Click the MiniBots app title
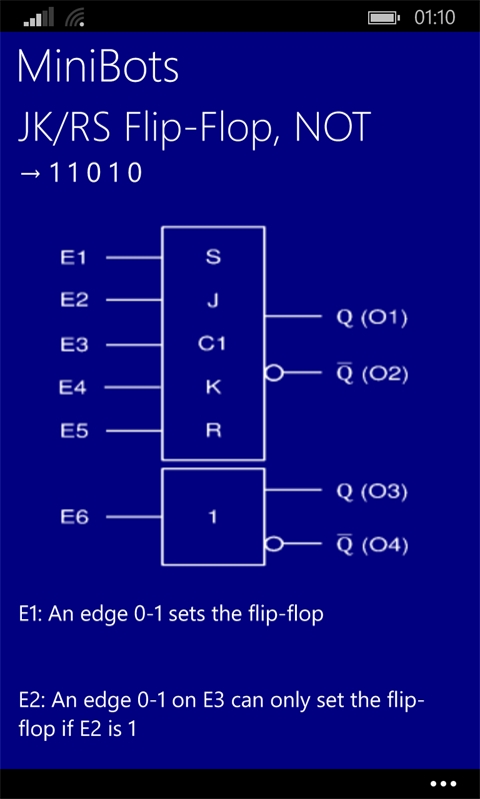coord(98,67)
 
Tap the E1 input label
coord(74,258)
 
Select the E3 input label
coord(74,345)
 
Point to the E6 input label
coord(74,517)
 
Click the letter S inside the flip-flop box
coord(213,258)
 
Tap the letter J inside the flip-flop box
coord(213,301)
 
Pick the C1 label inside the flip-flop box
coord(212,345)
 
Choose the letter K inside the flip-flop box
coord(213,389)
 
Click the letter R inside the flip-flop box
coord(213,431)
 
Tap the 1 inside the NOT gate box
coord(213,517)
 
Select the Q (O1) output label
coord(371,320)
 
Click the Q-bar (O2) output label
coord(372,375)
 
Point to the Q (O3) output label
coord(371,492)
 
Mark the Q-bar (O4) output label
coord(372,545)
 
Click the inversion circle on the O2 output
coord(274,374)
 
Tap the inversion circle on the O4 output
coord(274,544)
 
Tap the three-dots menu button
coord(443,784)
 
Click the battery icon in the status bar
coord(384,18)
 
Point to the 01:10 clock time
coord(435,18)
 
